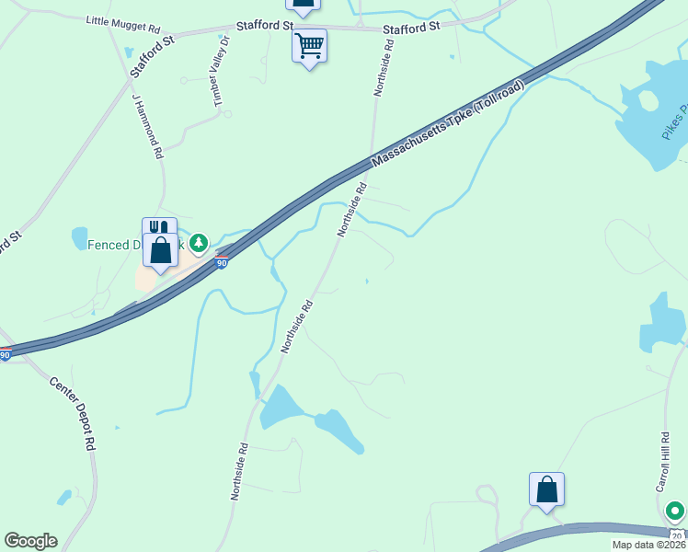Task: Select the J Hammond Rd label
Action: click(x=147, y=126)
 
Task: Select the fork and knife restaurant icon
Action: click(x=158, y=230)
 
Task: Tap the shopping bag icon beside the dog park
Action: click(x=160, y=250)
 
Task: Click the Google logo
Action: click(x=30, y=541)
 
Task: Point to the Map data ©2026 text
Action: click(x=648, y=545)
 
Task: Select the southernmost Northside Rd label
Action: click(x=240, y=471)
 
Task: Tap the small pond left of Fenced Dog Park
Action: click(x=79, y=238)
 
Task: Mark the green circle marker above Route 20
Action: click(x=675, y=510)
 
